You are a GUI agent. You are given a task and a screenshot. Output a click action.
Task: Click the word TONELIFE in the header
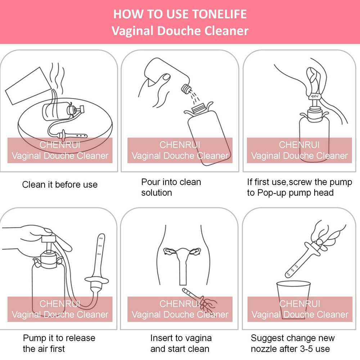219,14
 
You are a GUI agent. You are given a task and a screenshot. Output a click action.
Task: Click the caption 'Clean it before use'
60,185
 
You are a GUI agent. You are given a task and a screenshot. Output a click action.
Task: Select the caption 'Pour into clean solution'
171,187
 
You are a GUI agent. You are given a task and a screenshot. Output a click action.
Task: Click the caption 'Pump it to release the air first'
59,343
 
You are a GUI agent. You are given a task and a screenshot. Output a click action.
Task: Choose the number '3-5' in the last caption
307,349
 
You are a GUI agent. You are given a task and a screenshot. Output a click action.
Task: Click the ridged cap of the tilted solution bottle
186,89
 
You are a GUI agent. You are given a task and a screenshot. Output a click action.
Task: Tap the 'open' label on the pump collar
314,96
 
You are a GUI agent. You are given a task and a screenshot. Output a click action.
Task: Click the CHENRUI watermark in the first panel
60,145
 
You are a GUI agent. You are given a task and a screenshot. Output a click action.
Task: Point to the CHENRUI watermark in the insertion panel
180,304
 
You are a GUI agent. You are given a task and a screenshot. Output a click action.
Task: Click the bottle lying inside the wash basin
62,112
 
